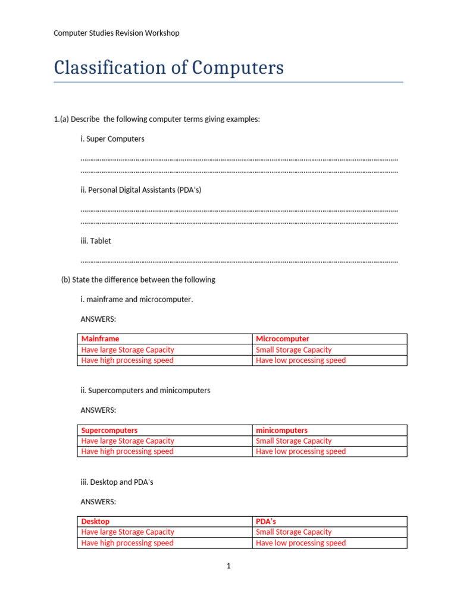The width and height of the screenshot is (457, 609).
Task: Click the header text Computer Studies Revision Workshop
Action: (x=117, y=33)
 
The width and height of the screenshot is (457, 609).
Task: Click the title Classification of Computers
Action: (x=168, y=68)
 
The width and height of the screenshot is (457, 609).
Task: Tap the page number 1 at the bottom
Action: (x=228, y=566)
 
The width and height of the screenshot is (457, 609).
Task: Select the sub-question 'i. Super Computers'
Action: (x=112, y=139)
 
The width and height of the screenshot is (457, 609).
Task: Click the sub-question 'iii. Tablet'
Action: (x=96, y=241)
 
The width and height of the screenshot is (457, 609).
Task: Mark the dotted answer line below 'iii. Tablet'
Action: (x=239, y=261)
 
